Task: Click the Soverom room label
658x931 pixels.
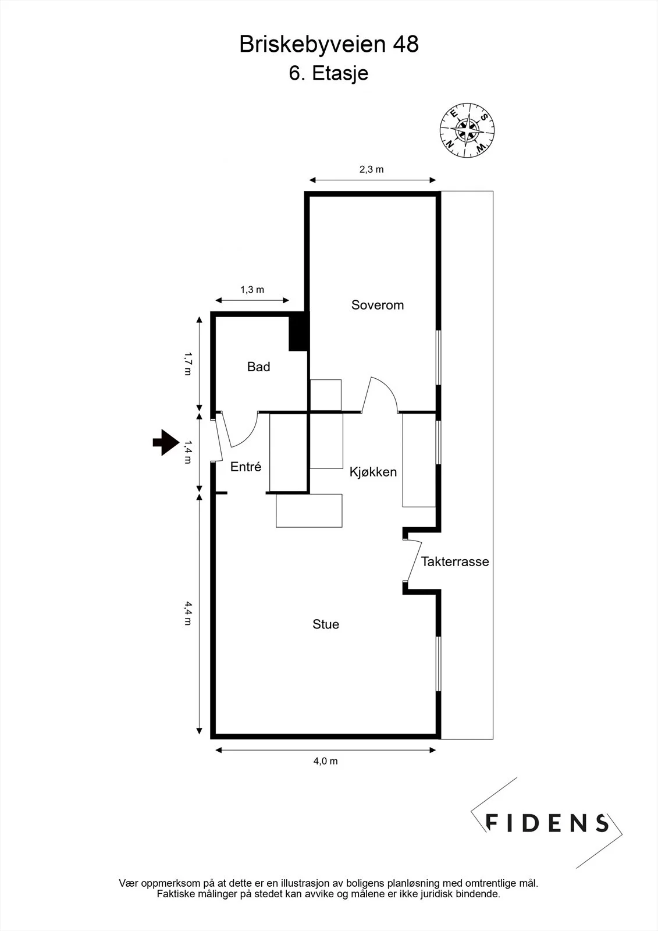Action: (378, 305)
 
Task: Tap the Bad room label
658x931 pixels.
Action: (258, 367)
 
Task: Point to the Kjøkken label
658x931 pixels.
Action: (373, 472)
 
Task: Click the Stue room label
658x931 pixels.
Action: (326, 624)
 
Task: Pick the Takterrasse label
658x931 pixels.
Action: (455, 562)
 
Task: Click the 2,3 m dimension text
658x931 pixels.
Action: (371, 169)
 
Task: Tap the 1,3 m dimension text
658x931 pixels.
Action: (252, 290)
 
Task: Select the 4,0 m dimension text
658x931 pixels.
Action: (325, 761)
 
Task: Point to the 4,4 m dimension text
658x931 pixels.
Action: (188, 613)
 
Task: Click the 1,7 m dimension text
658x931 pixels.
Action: (188, 364)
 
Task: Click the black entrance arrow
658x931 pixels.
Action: (166, 442)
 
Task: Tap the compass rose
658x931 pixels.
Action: (467, 130)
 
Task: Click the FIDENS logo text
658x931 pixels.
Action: (547, 823)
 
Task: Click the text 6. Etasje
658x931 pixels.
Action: (329, 73)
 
